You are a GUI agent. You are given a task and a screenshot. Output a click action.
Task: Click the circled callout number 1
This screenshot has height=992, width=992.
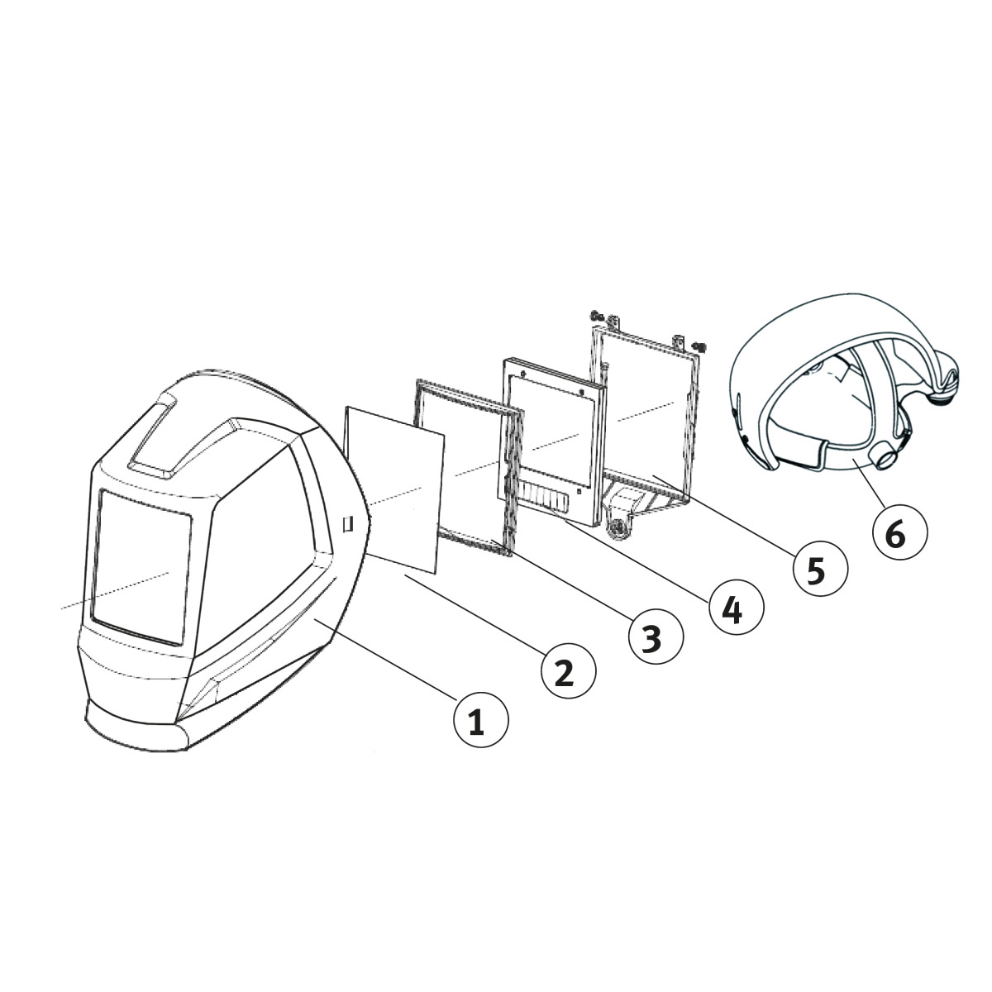[480, 720]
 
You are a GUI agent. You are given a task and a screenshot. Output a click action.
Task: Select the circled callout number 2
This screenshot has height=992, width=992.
[568, 671]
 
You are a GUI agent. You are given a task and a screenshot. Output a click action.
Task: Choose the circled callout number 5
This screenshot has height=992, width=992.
[820, 570]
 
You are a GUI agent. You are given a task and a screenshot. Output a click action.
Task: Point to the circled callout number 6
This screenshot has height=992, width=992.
[900, 532]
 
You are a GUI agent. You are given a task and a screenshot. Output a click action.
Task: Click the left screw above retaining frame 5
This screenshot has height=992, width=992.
[597, 314]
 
